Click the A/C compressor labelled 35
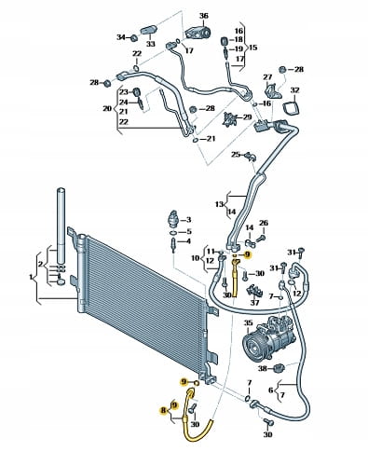pos(266,338)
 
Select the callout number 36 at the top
pos(204,16)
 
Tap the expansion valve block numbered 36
pos(198,32)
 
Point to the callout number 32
pos(294,90)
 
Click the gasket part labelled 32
pos(292,107)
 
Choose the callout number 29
pos(247,117)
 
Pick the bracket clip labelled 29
pos(230,119)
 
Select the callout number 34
pos(121,37)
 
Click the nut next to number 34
pos(133,38)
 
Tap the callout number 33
pos(151,44)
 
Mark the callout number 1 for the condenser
pos(31,277)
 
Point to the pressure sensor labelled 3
pos(173,218)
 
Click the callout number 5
pos(189,232)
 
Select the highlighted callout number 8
pos(163,411)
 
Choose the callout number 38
pos(263,368)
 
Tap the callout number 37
pos(254,302)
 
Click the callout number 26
pos(264,223)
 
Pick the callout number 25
pos(236,155)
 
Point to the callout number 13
pos(219,204)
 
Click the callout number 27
pos(267,77)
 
